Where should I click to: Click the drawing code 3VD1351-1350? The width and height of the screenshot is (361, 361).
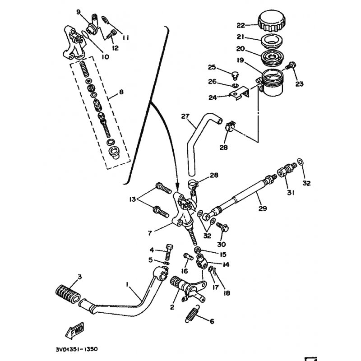pos(73,349)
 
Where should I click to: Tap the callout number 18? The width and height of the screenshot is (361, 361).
pos(226,293)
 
